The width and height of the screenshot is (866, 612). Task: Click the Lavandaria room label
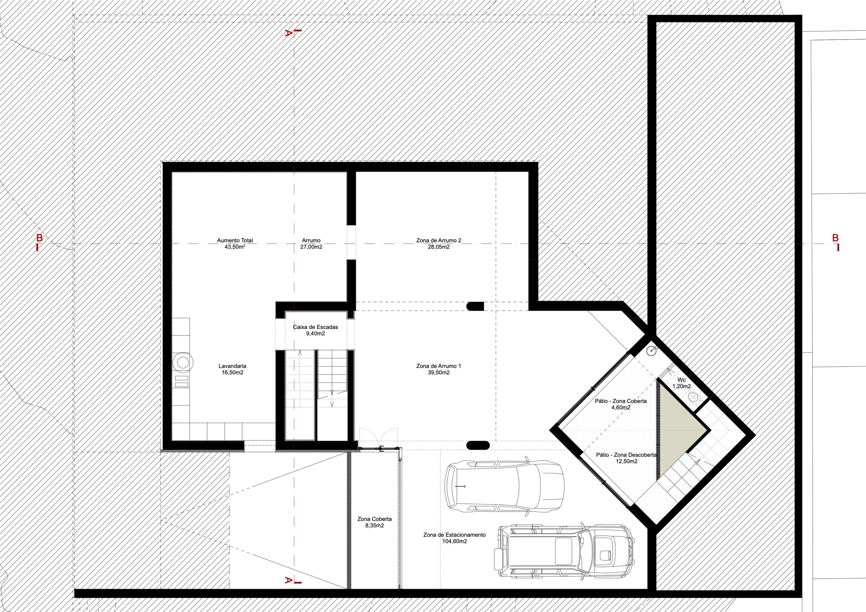pyautogui.click(x=232, y=366)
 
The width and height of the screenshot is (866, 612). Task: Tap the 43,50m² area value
pyautogui.click(x=235, y=247)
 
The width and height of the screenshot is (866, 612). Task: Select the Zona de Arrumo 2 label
pyautogui.click(x=439, y=240)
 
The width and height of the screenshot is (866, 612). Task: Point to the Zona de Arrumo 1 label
pyautogui.click(x=439, y=366)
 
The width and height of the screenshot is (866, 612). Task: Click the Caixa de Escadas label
pyautogui.click(x=316, y=327)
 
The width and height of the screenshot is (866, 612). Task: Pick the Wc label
pyautogui.click(x=682, y=379)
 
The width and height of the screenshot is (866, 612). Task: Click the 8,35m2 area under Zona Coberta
pyautogui.click(x=374, y=525)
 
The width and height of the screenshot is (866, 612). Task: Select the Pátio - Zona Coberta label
pyautogui.click(x=621, y=401)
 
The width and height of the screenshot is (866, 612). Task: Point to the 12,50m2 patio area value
pyautogui.click(x=626, y=461)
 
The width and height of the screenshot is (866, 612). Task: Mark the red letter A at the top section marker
pyautogui.click(x=288, y=33)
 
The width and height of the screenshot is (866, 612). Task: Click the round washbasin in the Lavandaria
pyautogui.click(x=183, y=362)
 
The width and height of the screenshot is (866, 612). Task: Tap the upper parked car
pyautogui.click(x=505, y=485)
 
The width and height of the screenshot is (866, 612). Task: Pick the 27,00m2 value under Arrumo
pyautogui.click(x=311, y=247)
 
